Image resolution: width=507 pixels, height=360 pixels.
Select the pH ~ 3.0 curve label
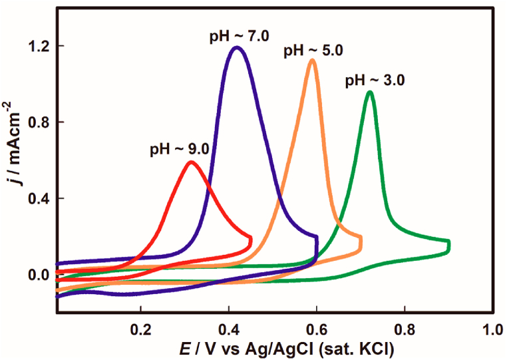375,81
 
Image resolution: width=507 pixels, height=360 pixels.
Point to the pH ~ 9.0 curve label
180,148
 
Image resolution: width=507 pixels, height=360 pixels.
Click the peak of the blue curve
236,47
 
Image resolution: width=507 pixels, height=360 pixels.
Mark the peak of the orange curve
311,61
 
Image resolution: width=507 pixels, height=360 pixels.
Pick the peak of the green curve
370,92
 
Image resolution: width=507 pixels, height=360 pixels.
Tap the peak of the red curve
192,162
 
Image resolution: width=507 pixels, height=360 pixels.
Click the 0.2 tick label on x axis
140,329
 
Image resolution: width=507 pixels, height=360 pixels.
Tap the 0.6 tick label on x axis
317,329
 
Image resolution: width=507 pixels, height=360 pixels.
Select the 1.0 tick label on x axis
492,329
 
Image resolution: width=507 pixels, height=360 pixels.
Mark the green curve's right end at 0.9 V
448,246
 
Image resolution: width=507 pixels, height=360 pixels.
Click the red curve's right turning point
251,241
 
